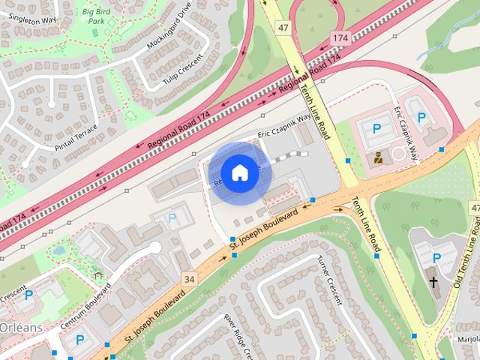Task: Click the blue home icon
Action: (239, 172)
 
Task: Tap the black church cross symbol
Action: (433, 282)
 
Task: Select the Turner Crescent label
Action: (329, 279)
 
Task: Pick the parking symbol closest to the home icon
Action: (172, 219)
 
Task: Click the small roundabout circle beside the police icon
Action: (399, 154)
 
